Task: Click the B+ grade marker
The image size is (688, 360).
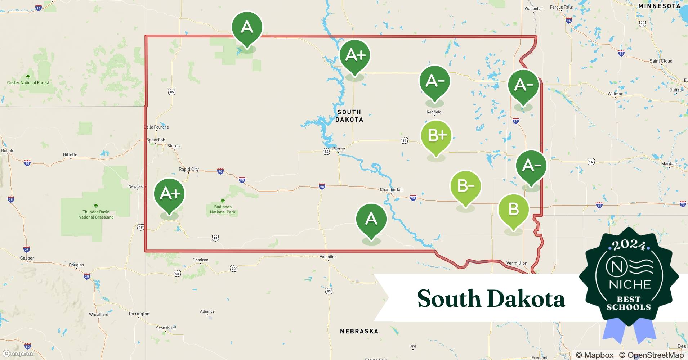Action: (436, 136)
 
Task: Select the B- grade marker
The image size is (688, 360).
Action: (465, 186)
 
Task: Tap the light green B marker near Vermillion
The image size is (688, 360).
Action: (513, 210)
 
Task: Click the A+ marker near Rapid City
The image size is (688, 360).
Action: (169, 194)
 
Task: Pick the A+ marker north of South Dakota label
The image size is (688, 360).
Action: (355, 55)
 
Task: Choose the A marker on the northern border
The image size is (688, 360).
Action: (247, 27)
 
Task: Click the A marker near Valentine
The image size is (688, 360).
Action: (371, 219)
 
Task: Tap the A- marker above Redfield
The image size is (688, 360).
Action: (435, 81)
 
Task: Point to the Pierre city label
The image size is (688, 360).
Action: (339, 149)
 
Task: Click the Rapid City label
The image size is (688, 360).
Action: (189, 169)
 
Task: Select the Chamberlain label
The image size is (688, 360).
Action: (392, 189)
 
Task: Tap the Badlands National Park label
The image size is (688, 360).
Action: (223, 210)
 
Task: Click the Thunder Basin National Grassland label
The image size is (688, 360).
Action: (96, 215)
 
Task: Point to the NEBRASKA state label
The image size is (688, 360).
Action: (359, 331)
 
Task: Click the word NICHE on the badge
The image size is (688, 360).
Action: (630, 284)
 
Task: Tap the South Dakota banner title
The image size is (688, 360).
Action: (491, 299)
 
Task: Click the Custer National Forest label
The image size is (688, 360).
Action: (28, 82)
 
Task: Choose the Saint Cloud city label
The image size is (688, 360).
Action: (661, 61)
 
